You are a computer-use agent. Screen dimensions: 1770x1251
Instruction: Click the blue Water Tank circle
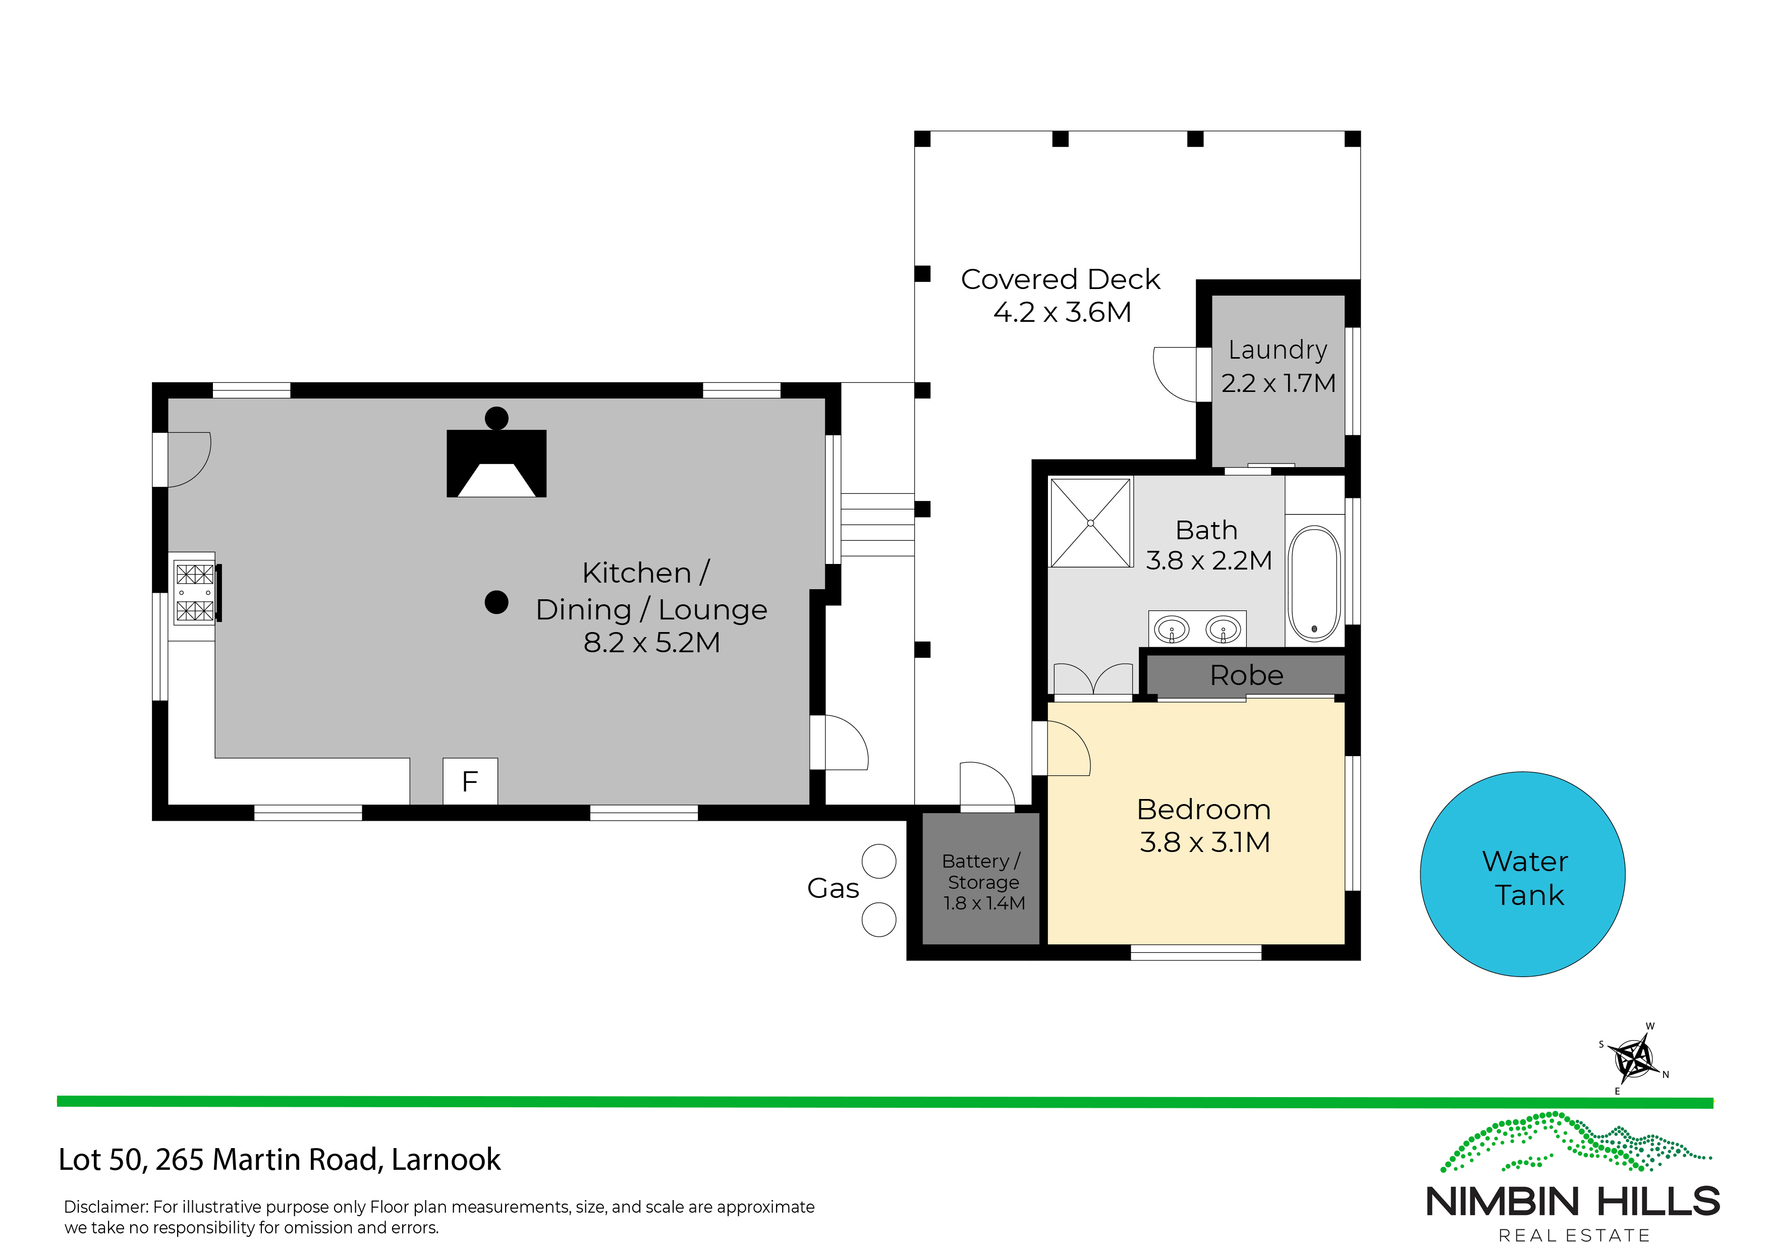(x=1523, y=874)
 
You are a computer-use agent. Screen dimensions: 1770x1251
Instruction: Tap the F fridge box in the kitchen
(x=470, y=781)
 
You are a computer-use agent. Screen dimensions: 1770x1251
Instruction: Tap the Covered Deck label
(x=1060, y=279)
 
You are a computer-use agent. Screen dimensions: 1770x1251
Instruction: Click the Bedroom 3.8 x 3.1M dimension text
(x=1204, y=842)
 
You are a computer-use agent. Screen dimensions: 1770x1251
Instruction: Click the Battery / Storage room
(x=981, y=879)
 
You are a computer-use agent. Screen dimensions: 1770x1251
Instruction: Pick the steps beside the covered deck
(x=877, y=525)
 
